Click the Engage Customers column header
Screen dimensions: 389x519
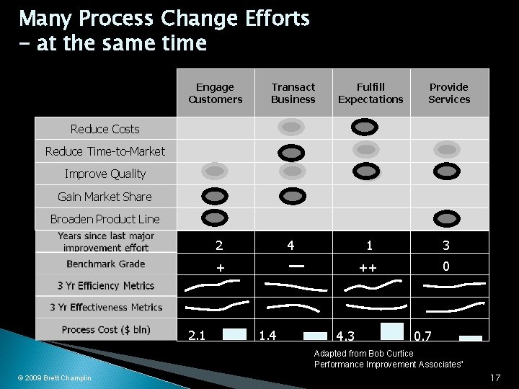pos(216,93)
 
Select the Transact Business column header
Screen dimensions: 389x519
pos(293,93)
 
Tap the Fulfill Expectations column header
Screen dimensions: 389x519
pos(371,93)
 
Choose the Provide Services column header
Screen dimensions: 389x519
pos(449,93)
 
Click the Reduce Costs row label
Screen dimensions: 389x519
pos(105,129)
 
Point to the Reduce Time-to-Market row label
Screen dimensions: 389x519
pos(105,151)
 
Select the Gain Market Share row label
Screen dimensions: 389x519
pos(105,196)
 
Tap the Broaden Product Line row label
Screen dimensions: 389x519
pos(105,218)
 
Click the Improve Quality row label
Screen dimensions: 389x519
pos(105,174)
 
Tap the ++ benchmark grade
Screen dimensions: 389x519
pos(368,267)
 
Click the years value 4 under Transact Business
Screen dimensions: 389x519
pos(290,245)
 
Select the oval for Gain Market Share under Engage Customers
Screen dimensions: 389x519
pos(215,195)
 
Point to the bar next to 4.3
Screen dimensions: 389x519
pos(392,330)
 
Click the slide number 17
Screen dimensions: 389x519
pos(494,377)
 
